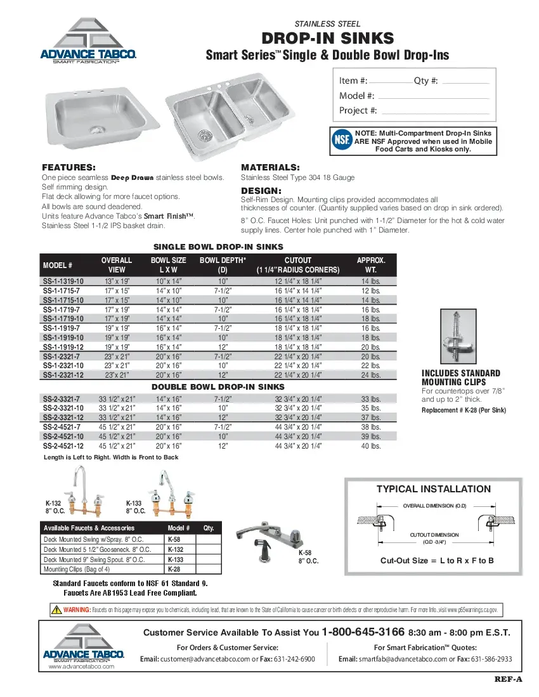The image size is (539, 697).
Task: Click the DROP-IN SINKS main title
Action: tap(327, 39)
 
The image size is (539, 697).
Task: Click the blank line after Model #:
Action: tap(433, 97)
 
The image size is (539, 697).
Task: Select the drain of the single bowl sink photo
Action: tap(97, 129)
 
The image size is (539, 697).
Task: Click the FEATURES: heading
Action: tap(68, 167)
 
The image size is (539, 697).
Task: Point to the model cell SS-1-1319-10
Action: tap(63, 281)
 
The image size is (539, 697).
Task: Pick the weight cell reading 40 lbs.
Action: tap(370, 446)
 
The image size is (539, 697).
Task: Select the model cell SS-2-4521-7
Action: tap(61, 428)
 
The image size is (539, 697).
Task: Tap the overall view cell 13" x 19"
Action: tap(117, 281)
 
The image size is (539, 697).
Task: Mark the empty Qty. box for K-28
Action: tap(209, 569)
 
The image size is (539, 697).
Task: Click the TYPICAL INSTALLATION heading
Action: tap(433, 489)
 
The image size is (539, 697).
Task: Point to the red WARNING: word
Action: tap(77, 610)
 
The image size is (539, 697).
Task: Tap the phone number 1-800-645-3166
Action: tap(363, 632)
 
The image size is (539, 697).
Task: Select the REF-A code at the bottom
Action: tap(508, 680)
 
